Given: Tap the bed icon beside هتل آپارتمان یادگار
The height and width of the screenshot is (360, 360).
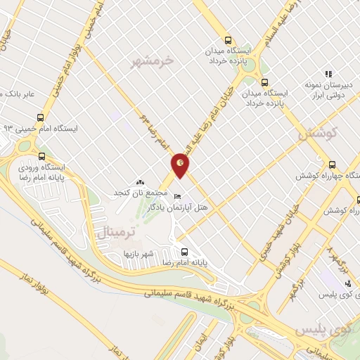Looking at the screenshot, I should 178,195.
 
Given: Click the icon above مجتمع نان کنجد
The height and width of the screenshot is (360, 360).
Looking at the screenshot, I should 139,182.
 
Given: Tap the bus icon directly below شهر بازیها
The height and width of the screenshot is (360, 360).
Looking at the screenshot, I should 184,252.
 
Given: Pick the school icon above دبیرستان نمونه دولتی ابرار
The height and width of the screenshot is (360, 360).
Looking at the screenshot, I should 328,73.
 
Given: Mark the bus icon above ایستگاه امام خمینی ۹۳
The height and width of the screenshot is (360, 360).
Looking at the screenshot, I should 40,117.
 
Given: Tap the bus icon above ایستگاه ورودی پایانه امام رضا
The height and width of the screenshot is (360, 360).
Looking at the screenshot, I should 41,157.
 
